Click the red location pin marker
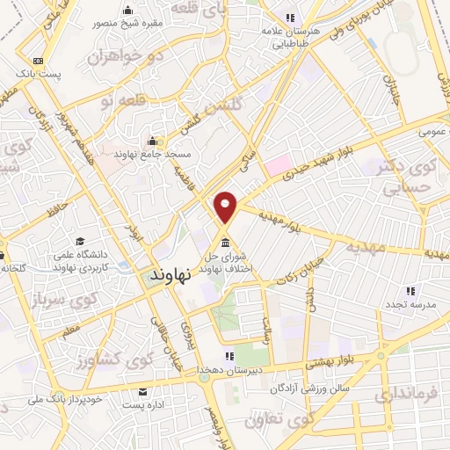pyautogui.click(x=227, y=207)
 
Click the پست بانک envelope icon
pyautogui.click(x=37, y=61)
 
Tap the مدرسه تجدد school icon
pyautogui.click(x=410, y=291)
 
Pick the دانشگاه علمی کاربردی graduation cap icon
pyautogui.click(x=81, y=242)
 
